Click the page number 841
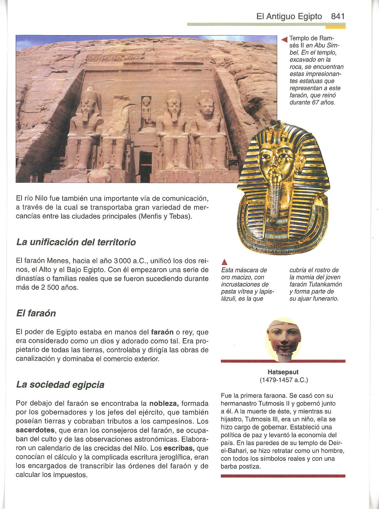(x=338, y=16)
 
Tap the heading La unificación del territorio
(x=76, y=242)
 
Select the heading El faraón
(x=36, y=313)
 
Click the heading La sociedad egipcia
(x=60, y=385)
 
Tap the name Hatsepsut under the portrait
(x=283, y=372)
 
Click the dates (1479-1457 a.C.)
(x=284, y=380)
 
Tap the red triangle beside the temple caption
(x=283, y=39)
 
